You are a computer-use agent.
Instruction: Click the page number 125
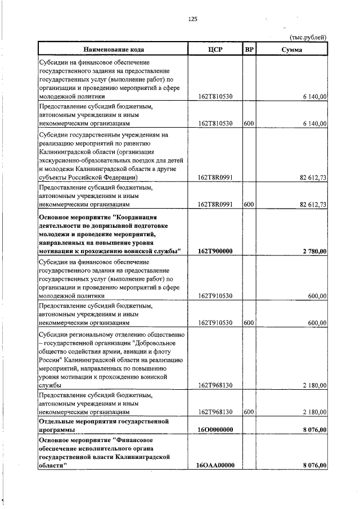click(192, 19)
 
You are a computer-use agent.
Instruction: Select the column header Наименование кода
click(112, 49)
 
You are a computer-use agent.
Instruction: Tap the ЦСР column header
click(215, 49)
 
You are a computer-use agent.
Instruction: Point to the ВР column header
click(249, 49)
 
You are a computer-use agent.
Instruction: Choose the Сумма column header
click(291, 49)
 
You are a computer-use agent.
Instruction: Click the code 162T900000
click(216, 251)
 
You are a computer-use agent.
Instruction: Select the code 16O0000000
click(216, 430)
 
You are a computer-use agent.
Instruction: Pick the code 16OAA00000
click(216, 465)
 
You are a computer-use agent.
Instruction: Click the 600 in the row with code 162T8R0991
click(249, 205)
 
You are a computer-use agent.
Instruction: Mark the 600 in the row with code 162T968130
click(249, 412)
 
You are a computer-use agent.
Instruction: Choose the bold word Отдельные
click(57, 421)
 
